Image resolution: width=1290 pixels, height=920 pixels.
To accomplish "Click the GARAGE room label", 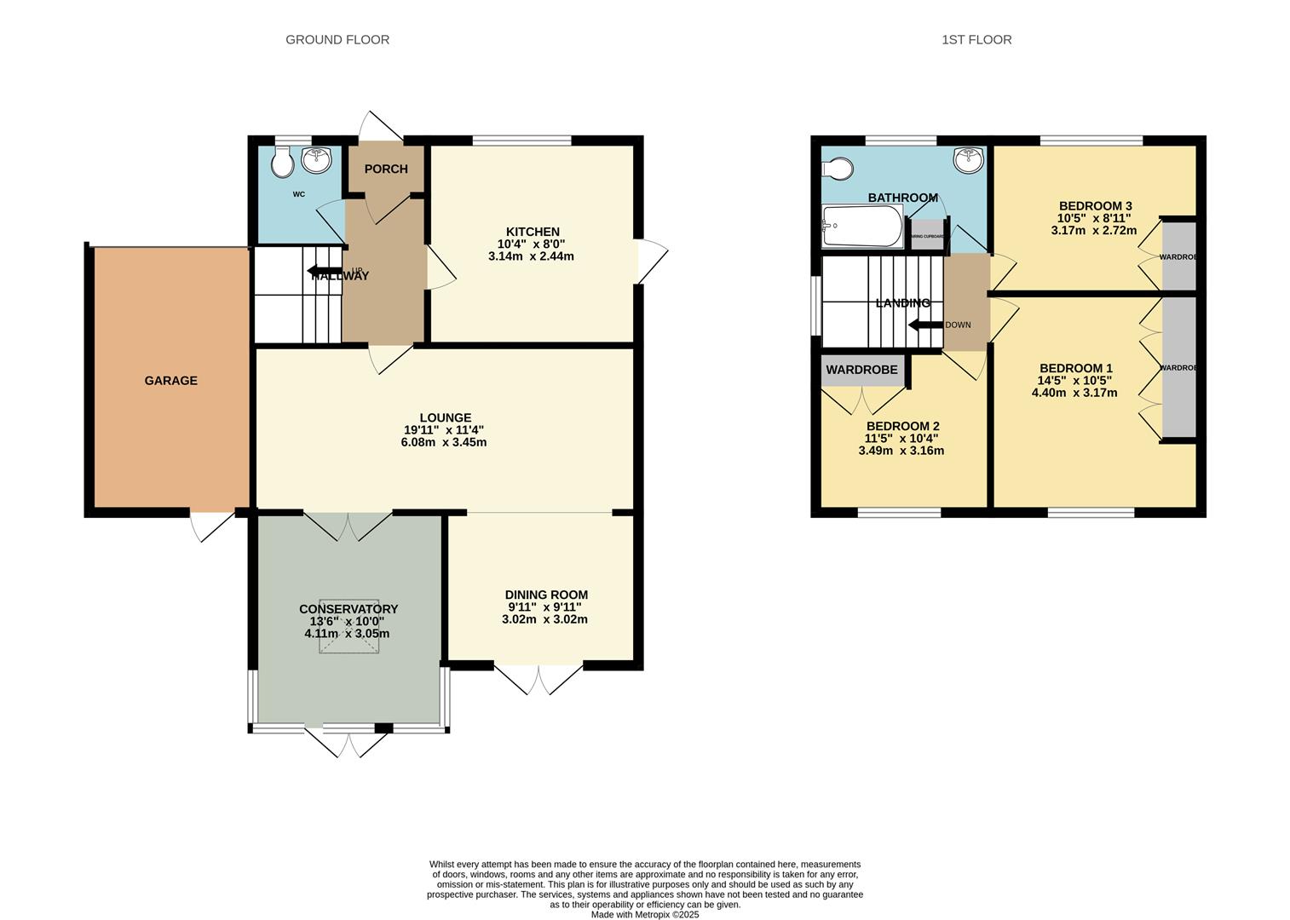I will pyautogui.click(x=170, y=381).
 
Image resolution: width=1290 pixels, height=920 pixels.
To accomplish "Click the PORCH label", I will pyautogui.click(x=386, y=169).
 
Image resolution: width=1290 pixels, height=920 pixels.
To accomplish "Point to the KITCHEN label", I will pyautogui.click(x=533, y=232).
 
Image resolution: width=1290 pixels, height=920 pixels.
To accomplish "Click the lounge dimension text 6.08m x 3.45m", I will pyautogui.click(x=443, y=442).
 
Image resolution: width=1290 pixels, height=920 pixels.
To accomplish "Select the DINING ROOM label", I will pyautogui.click(x=546, y=595).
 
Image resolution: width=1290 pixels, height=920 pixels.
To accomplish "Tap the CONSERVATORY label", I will pyautogui.click(x=348, y=609).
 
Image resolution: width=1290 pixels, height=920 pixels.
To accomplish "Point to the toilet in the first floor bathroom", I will pyautogui.click(x=837, y=169).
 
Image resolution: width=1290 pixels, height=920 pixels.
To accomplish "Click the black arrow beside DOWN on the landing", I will pyautogui.click(x=924, y=325).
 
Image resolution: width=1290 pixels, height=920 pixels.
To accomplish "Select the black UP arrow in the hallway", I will pyautogui.click(x=323, y=273).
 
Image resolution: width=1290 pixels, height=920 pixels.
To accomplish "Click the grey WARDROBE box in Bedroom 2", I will pyautogui.click(x=861, y=371).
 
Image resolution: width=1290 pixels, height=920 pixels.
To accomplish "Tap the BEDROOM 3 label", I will pyautogui.click(x=1095, y=205).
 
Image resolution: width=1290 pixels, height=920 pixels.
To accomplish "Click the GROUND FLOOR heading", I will pyautogui.click(x=337, y=39).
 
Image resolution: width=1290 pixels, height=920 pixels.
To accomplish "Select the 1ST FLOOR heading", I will pyautogui.click(x=976, y=39).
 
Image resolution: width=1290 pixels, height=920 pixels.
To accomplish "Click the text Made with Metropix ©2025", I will pyautogui.click(x=645, y=915).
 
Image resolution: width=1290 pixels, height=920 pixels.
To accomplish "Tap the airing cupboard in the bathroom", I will pyautogui.click(x=927, y=236).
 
